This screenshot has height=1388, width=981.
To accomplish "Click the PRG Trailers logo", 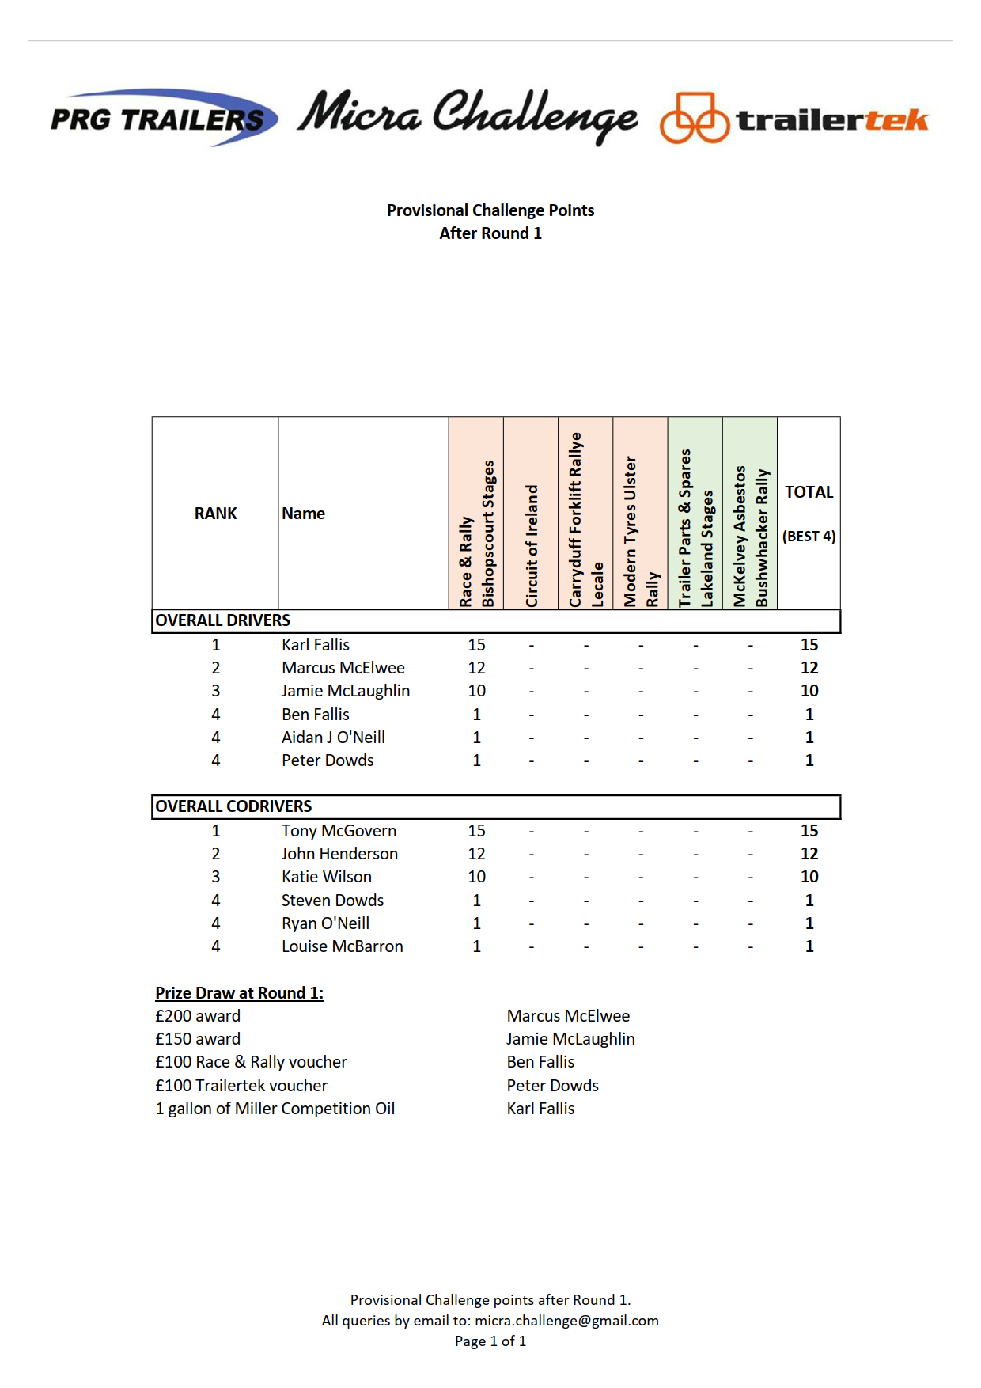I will point(163,119).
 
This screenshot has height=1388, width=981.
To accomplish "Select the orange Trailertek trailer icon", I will point(694,119).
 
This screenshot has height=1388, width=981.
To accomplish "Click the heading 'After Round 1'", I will point(490,233).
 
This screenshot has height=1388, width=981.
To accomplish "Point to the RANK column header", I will point(215,514).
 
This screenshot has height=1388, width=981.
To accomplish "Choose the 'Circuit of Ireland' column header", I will point(531,545).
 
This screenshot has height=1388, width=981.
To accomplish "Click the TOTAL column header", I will point(809,492).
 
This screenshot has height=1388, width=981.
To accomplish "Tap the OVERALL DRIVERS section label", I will point(223,620).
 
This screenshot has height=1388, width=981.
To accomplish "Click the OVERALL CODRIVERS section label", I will point(233,806).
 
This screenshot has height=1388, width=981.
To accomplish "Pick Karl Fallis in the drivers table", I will point(316,645).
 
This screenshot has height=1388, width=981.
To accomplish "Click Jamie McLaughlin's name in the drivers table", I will point(346,691).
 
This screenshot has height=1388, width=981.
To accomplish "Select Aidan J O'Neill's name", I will point(333,738).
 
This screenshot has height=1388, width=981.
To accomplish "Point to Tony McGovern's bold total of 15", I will point(809,831).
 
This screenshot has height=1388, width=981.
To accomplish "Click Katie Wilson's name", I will point(327,877).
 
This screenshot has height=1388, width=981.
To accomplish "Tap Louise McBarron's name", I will point(343,946).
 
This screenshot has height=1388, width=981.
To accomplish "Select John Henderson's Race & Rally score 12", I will point(476,854).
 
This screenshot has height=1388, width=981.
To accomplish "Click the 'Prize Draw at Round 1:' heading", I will point(239,993).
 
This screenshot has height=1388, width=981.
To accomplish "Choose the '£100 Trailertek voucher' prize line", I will point(241,1086).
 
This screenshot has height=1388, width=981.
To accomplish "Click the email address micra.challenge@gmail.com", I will point(566,1321).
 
